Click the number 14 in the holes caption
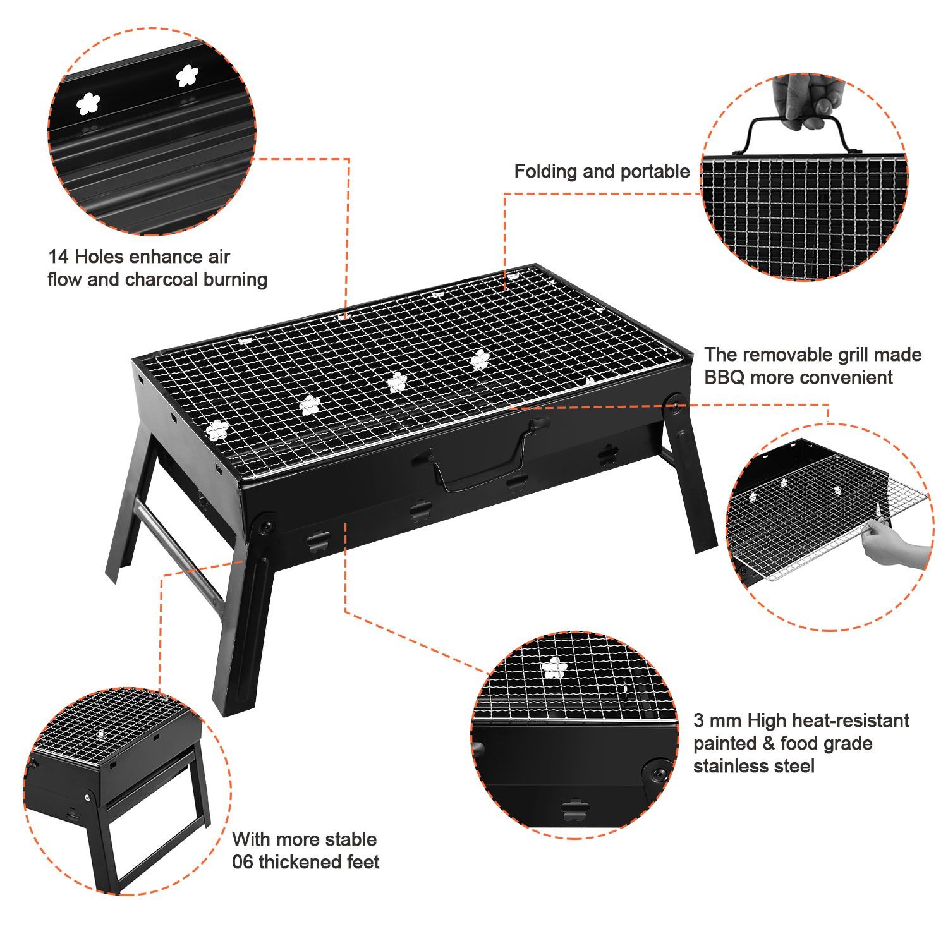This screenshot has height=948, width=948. click(59, 257)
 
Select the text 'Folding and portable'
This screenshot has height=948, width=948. click(602, 171)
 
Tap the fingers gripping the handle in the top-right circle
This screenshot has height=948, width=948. click(805, 101)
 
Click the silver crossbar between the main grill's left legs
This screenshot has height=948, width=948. click(179, 547)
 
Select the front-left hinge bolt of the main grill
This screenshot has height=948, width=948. click(264, 524)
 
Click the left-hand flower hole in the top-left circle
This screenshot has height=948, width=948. click(88, 104)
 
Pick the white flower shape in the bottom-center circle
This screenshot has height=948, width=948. click(554, 668)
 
